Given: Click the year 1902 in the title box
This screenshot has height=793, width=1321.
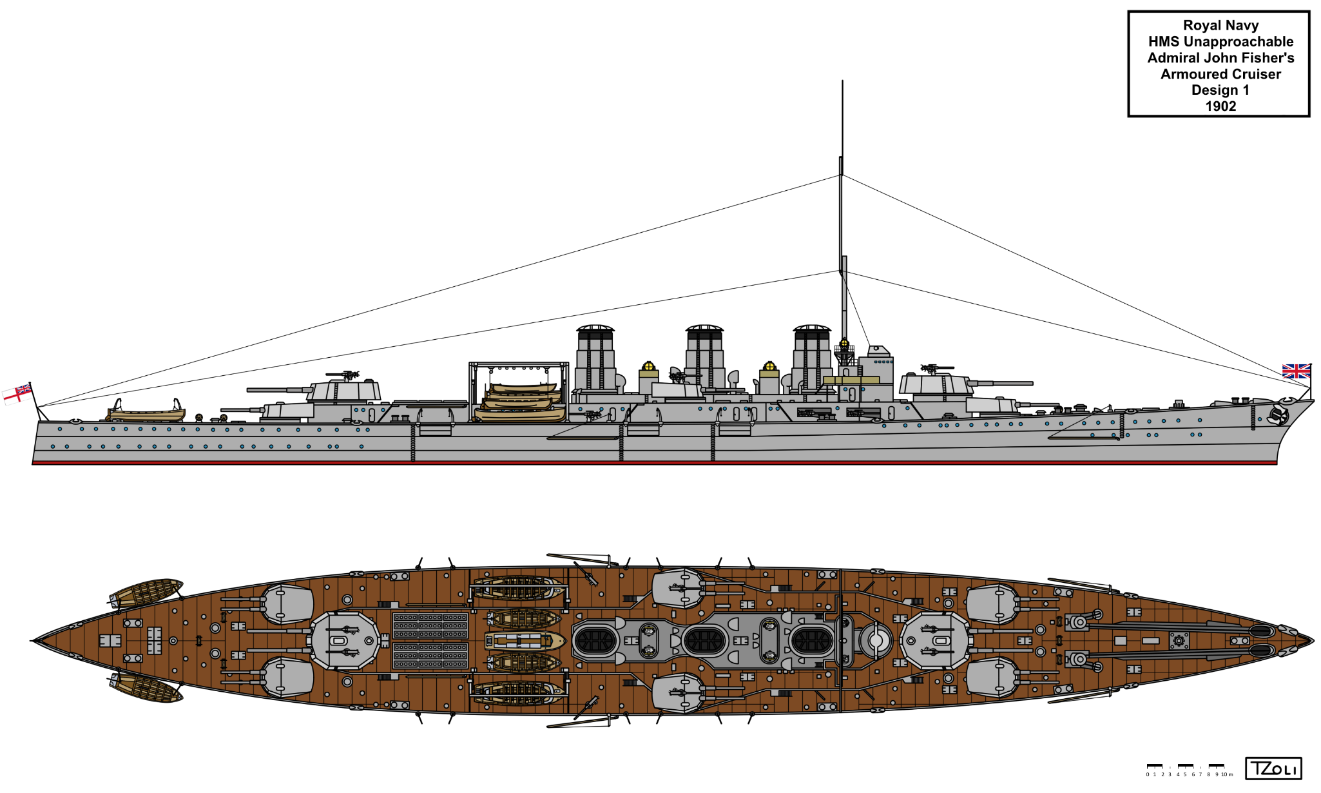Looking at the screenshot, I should click(x=1220, y=106).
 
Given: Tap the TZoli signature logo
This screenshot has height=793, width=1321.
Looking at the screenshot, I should click(x=1273, y=769).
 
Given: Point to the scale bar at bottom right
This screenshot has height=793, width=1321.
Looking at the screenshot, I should click(x=1189, y=770).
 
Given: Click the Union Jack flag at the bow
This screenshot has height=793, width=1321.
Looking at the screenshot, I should click(x=1296, y=371).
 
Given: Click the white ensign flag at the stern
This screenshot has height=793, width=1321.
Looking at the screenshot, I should click(x=17, y=393).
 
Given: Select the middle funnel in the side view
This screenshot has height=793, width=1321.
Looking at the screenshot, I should click(x=704, y=358).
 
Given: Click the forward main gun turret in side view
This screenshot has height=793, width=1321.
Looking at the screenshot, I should click(x=936, y=384).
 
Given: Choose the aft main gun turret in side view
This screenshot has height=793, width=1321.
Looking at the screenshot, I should click(x=345, y=390).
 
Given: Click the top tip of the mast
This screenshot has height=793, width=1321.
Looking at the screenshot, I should click(x=842, y=82).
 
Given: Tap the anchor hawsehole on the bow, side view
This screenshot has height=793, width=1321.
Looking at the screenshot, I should click(x=1277, y=416).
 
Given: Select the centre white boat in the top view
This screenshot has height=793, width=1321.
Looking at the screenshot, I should click(x=525, y=641).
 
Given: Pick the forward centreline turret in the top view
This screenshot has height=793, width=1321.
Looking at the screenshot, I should click(x=934, y=641).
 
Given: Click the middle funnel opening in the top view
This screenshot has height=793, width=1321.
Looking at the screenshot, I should click(x=704, y=641).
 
